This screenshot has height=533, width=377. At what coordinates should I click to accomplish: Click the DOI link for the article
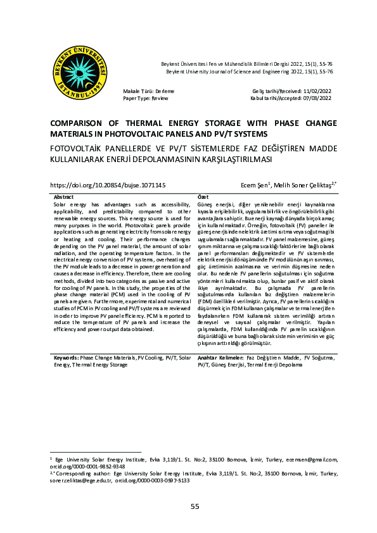click(108, 185)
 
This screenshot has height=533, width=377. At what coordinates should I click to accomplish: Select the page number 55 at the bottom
click(195, 506)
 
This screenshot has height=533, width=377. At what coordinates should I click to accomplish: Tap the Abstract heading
click(64, 198)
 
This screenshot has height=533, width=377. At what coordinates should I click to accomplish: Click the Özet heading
click(203, 198)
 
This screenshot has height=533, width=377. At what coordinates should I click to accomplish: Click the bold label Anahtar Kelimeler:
click(219, 357)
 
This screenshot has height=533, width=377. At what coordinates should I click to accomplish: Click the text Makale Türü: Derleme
click(148, 92)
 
